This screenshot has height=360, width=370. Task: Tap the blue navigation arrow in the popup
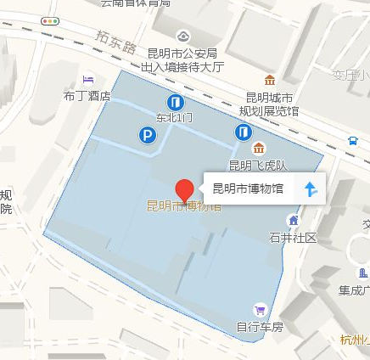pos(311,188)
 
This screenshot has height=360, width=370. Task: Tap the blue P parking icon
pos(148,134)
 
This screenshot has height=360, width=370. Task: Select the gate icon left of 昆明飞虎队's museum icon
pos(244,132)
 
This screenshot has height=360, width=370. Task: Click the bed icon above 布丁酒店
pos(88,80)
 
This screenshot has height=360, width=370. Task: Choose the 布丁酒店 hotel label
pos(89,96)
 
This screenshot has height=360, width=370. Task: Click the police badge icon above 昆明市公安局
pos(185,36)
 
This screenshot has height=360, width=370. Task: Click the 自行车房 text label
pos(259,325)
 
